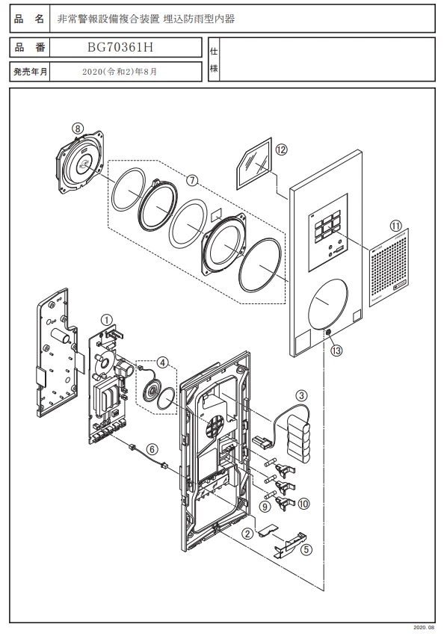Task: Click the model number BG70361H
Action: [x=120, y=47]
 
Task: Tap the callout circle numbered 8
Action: [x=78, y=129]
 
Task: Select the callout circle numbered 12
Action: [x=281, y=149]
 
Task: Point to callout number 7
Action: [x=192, y=179]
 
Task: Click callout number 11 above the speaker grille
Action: [x=395, y=226]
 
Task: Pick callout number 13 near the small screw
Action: [x=336, y=350]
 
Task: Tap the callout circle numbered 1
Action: [x=107, y=321]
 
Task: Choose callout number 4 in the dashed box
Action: [x=162, y=362]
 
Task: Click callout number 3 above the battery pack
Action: [x=301, y=395]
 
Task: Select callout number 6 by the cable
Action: [x=152, y=449]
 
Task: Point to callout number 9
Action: [x=265, y=506]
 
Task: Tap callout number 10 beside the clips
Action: [x=303, y=504]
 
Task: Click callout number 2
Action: [x=247, y=534]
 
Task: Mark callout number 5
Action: [x=306, y=549]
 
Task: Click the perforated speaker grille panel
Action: [x=389, y=268]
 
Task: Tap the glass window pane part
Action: [x=254, y=164]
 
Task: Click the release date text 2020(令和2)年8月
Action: [x=120, y=72]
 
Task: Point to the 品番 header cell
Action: [x=30, y=47]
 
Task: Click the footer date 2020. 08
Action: [x=424, y=628]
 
